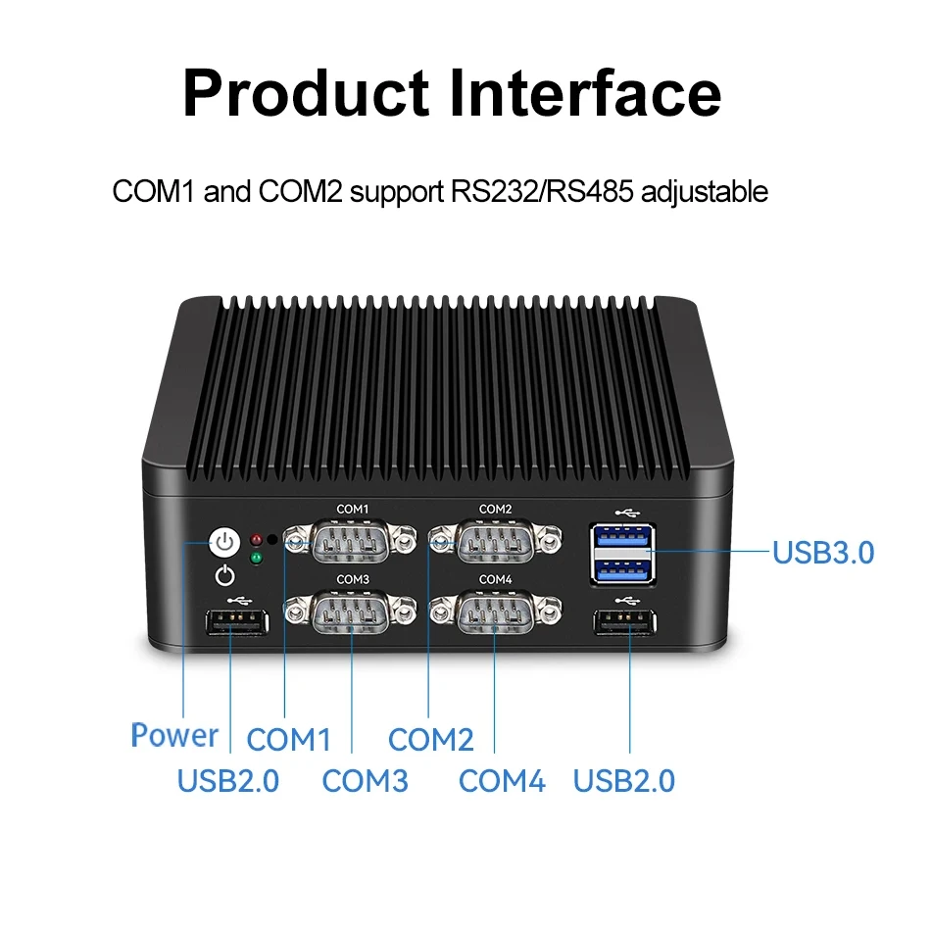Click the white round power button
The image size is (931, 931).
pos(224,542)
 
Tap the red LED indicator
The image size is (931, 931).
pos(256,540)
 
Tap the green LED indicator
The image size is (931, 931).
pos(256,559)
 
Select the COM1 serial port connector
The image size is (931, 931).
pos(350,541)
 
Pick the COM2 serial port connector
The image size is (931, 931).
pos(495,541)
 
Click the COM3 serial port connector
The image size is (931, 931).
pos(350,612)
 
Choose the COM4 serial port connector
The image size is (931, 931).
pos(495,612)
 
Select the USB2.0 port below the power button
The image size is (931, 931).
pos(236,623)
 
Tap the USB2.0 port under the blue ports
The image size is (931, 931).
pos(624,623)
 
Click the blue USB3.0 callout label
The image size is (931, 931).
pos(823,553)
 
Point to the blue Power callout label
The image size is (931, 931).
pos(174,735)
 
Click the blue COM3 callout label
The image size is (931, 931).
pos(366,781)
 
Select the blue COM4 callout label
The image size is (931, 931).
pos(502,781)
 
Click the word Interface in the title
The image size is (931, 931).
pos(585,93)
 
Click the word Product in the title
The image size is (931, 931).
pos(307,93)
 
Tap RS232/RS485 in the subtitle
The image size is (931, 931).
pos(542,192)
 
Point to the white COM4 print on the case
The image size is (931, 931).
pos(495,579)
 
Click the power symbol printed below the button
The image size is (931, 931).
pos(224,576)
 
